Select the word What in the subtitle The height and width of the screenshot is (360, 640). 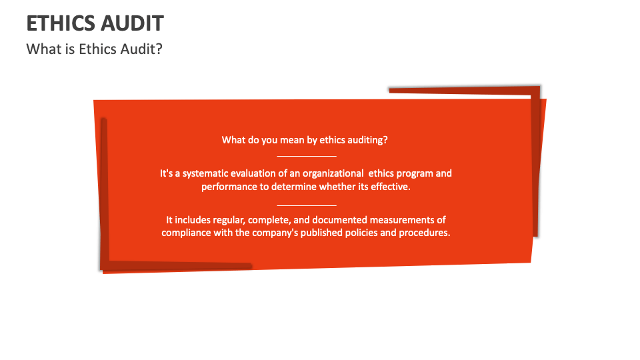tap(41, 49)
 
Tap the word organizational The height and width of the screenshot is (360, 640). tap(330, 173)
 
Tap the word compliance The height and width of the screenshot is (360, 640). tap(186, 233)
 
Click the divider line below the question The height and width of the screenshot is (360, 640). tap(307, 155)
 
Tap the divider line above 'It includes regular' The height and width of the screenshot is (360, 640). tap(307, 205)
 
